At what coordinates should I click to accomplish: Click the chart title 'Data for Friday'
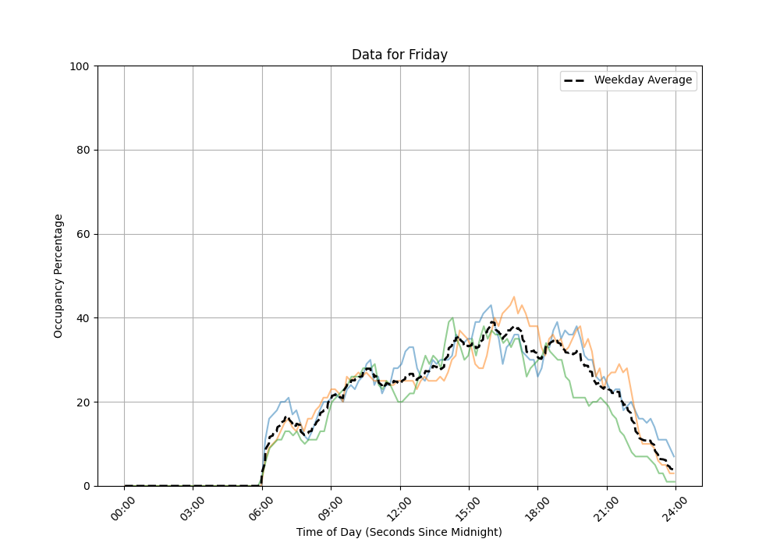399,55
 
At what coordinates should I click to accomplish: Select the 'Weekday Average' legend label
643,80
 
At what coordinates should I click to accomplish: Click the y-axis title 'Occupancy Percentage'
58,275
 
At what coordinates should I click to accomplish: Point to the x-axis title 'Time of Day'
399,532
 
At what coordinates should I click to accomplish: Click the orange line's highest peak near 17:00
514,297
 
